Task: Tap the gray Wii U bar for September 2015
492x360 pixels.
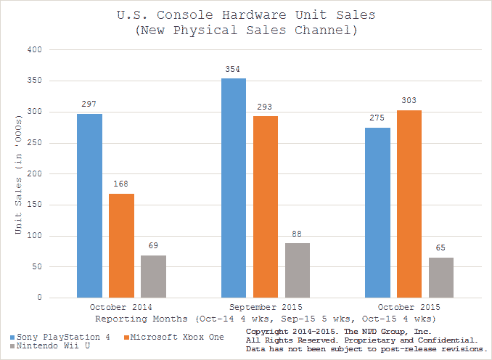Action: pyautogui.click(x=298, y=270)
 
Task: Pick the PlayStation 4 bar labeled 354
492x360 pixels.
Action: pyautogui.click(x=234, y=188)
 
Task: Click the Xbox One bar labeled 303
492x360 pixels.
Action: pyautogui.click(x=409, y=204)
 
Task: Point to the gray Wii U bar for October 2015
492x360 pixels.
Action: pyautogui.click(x=441, y=277)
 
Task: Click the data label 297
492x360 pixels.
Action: pyautogui.click(x=90, y=104)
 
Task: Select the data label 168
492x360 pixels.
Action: pyautogui.click(x=122, y=184)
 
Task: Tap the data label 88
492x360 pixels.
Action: pyautogui.click(x=298, y=234)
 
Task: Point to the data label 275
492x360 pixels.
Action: pyautogui.click(x=377, y=118)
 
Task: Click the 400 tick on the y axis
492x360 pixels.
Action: pyautogui.click(x=35, y=49)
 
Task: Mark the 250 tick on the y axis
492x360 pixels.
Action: pyautogui.click(x=35, y=143)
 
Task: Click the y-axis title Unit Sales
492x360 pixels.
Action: pyautogui.click(x=20, y=174)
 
